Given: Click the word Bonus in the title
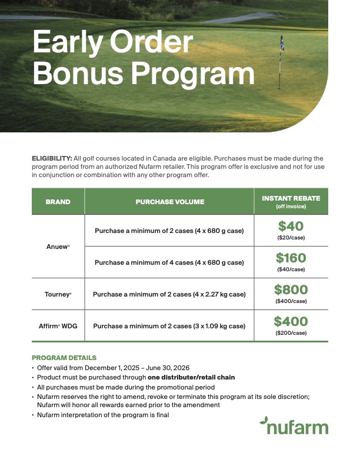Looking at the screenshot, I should coord(79,74).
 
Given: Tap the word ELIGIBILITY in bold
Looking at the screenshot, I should coord(52,158).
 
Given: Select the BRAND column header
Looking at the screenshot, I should coord(58,202).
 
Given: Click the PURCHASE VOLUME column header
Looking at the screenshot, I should coord(170,202).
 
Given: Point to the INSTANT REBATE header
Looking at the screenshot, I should coord(291,199).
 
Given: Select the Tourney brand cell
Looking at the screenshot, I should coord(58,294).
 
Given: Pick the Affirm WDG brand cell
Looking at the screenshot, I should coord(58,325).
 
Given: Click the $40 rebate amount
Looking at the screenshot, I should coord(291,226).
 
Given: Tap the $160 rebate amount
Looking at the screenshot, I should coord(291,258).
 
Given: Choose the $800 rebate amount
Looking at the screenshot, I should coord(291,289).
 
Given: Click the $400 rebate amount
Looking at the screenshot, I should coord(291,321).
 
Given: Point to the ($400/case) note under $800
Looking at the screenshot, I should coord(291,301).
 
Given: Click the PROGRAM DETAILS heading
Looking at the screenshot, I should coord(64,358).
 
